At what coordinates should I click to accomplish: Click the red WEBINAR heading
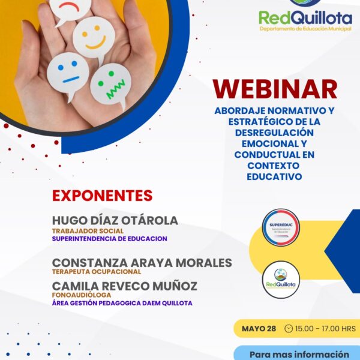pos(275,89)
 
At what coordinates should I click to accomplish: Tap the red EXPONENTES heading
pos(103,196)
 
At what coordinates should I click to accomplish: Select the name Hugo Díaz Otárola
pos(115,220)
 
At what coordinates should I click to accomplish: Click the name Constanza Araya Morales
pos(142,263)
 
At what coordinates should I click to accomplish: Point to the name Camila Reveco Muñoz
pos(125,286)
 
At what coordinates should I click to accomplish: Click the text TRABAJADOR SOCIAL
pos(88,231)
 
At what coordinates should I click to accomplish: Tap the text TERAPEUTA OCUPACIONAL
pos(97,272)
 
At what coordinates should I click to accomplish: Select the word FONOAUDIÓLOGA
pos(82,295)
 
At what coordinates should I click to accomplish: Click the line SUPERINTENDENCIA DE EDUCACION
pos(110,239)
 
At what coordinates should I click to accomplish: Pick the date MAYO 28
pos(259,329)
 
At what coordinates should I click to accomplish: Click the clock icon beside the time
pos(289,329)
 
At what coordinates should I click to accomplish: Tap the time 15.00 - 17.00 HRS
pos(325,329)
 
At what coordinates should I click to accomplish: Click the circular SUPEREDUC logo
pos(281,227)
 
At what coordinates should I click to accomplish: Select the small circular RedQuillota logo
pos(281,280)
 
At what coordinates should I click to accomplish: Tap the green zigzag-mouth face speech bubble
pos(111,85)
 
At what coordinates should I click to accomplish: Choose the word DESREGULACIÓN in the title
pos(274,133)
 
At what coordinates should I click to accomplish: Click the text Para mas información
pos(299,355)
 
